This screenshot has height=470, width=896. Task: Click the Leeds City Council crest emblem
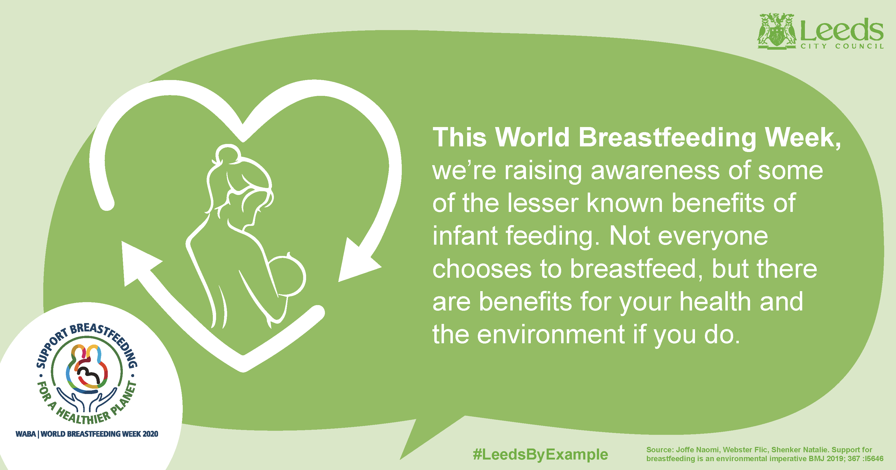pos(777,31)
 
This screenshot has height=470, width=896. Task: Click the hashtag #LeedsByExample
pos(540,455)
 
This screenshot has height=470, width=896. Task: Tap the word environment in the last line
pos(551,334)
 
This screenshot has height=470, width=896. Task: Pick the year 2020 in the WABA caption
pos(150,434)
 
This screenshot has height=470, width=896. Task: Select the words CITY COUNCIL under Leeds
pos(842,46)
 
